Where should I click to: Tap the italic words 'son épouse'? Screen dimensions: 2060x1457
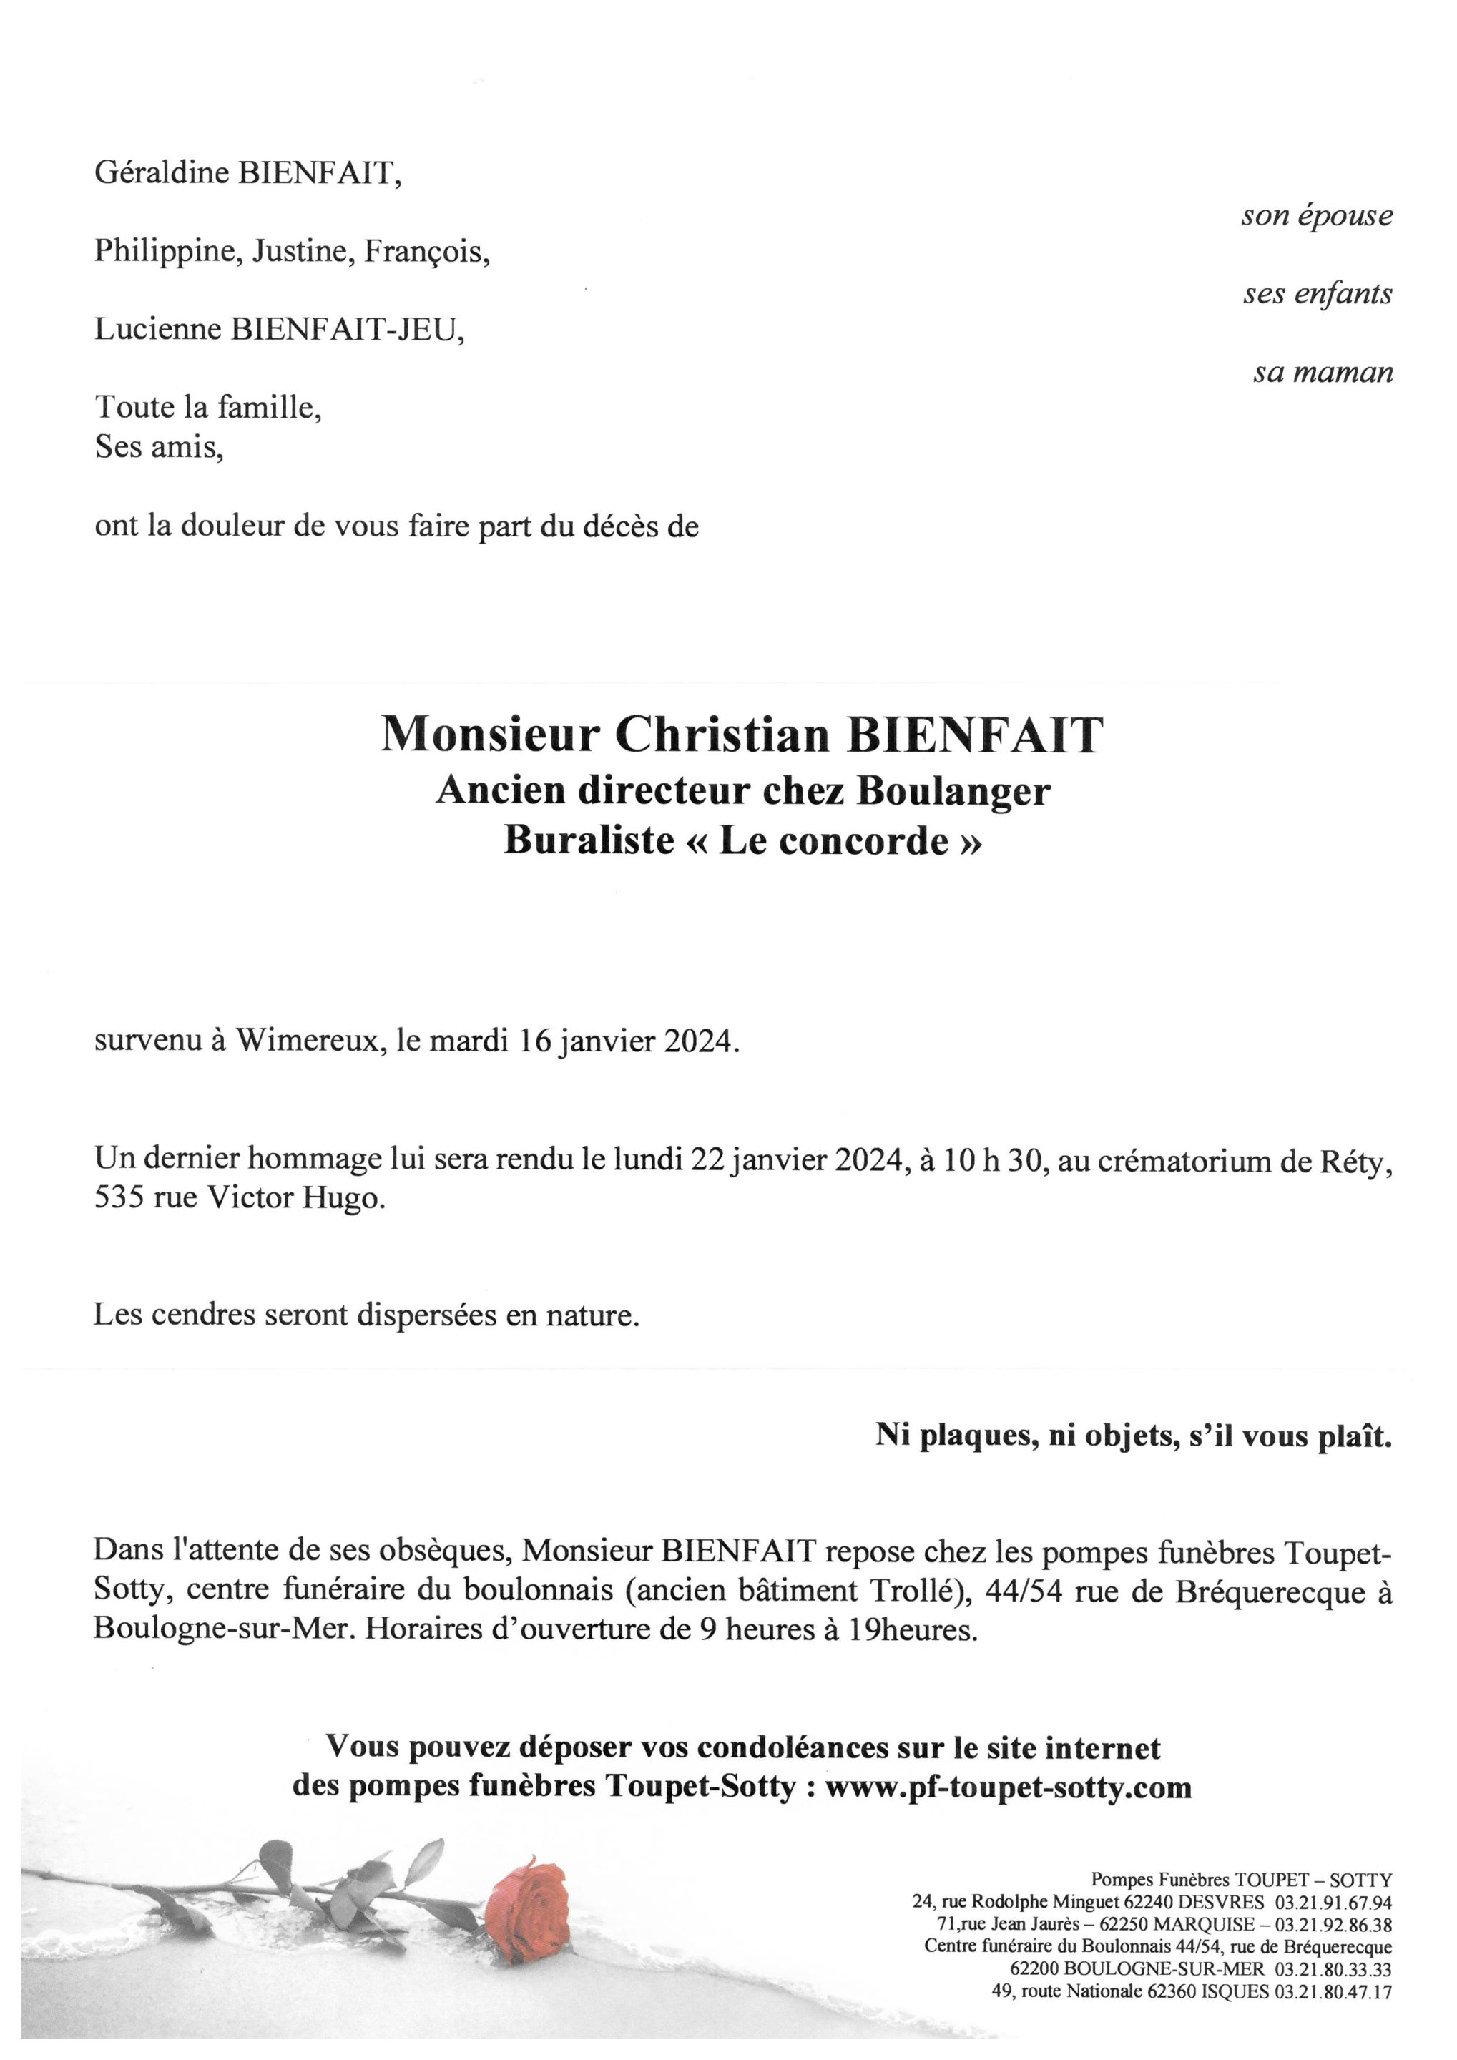(x=1317, y=216)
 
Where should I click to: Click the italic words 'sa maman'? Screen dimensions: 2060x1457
(x=1323, y=373)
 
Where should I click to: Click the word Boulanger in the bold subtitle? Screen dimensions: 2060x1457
(x=953, y=790)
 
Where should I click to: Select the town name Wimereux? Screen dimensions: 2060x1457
(x=305, y=1041)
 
